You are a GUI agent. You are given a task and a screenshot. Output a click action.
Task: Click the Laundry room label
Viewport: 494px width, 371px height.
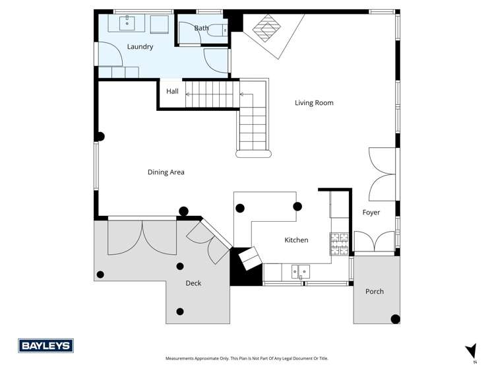[140, 47]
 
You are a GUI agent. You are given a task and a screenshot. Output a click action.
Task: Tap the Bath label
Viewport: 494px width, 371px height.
[201, 28]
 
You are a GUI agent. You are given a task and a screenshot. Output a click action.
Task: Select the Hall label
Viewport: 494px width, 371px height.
[172, 91]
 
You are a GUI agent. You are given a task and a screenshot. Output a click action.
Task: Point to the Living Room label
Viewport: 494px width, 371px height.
[314, 103]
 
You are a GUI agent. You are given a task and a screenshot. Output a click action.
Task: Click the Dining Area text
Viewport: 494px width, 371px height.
[166, 172]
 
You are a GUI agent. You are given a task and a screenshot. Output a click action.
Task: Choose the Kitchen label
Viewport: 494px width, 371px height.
[296, 240]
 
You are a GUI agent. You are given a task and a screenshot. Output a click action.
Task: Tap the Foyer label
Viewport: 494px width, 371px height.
[371, 213]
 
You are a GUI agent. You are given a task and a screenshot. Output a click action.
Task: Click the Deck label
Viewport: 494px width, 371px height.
[193, 283]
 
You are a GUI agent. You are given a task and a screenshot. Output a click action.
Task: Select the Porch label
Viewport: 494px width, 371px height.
[375, 291]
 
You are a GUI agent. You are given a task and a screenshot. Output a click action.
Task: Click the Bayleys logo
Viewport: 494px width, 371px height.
[46, 346]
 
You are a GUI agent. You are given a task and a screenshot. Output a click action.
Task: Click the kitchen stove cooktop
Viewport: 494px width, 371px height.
[339, 244]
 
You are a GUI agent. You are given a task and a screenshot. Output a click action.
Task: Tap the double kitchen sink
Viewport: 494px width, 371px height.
[300, 271]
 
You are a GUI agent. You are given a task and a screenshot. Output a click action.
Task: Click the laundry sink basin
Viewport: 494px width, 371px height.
[128, 23]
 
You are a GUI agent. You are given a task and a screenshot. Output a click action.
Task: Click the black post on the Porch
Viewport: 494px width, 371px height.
[395, 320]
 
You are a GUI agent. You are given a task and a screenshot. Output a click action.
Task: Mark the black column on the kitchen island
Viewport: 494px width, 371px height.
[297, 205]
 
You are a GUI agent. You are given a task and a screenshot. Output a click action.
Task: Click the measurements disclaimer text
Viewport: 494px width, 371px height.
[246, 358]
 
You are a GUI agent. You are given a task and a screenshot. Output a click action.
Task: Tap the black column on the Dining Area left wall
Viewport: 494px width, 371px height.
[100, 137]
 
